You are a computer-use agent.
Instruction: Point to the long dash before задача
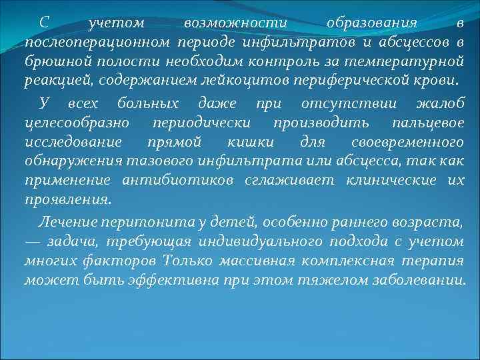click(33, 241)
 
